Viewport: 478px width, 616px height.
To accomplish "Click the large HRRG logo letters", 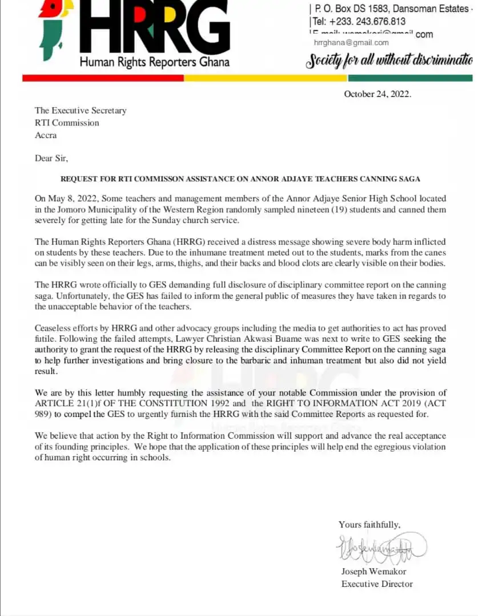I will pos(154,29).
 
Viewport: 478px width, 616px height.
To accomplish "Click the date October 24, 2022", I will pos(377,94).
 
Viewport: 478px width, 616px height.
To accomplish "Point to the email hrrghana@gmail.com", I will pos(351,43).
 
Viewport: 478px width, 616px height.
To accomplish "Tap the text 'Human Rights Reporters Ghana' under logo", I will pos(154,62).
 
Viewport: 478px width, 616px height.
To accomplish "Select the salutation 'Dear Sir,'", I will pos(51,158).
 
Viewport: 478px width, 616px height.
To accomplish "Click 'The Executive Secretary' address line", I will pos(81,111).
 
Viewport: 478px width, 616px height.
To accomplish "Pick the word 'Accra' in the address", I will pos(46,135).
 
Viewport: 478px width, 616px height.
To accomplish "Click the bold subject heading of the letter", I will pos(240,179).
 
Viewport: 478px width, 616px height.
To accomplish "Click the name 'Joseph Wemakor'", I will pos(374,572).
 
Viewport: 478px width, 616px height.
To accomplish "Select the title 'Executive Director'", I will pos(377,583).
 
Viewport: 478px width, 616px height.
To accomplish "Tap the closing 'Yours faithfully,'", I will pos(369,525).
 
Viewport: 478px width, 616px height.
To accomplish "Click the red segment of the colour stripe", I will pos(103,78).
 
